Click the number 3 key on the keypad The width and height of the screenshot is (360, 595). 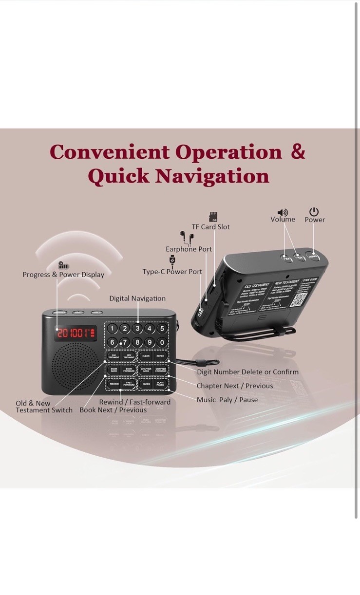click(138, 329)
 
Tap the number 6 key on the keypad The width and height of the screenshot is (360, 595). click(113, 342)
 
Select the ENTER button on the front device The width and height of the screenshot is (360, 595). click(160, 356)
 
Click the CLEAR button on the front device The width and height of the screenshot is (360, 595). click(146, 356)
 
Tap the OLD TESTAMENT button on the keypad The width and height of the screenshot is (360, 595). click(114, 356)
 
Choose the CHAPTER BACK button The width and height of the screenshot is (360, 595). click(146, 370)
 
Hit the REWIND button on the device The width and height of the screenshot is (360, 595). click(114, 384)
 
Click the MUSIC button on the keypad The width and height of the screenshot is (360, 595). click(146, 384)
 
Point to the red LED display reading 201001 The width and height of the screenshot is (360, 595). click(76, 333)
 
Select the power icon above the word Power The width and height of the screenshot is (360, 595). click(314, 212)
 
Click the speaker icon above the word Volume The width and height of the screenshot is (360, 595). click(283, 213)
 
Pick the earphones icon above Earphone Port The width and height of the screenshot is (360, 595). click(187, 238)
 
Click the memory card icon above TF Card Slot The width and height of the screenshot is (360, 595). click(213, 217)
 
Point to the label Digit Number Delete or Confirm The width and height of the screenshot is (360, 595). click(247, 372)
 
